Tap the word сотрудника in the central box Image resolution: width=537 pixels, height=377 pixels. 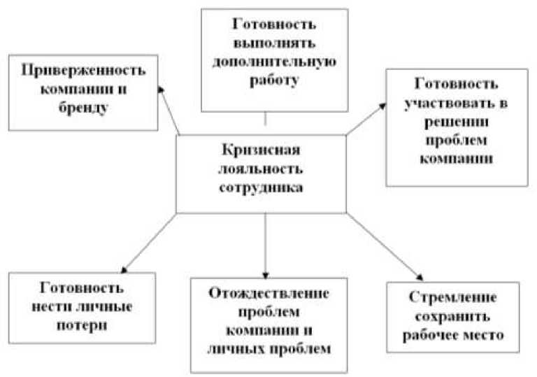pyautogui.click(x=262, y=187)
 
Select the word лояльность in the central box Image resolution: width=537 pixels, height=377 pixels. pyautogui.click(x=262, y=169)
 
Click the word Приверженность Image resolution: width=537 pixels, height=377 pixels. pyautogui.click(x=83, y=71)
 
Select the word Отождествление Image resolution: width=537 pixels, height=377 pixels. pyautogui.click(x=268, y=292)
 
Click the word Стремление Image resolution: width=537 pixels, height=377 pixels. pyautogui.click(x=453, y=297)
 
